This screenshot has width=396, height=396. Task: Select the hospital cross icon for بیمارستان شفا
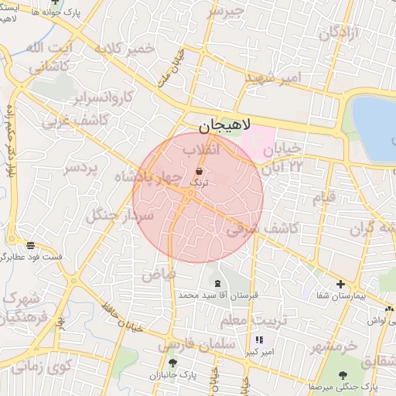tap(340, 284)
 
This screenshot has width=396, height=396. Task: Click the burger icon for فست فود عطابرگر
tap(30, 244)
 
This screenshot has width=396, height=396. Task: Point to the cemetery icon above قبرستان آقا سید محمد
tap(217, 283)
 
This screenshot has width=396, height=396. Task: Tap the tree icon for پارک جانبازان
tap(172, 362)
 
